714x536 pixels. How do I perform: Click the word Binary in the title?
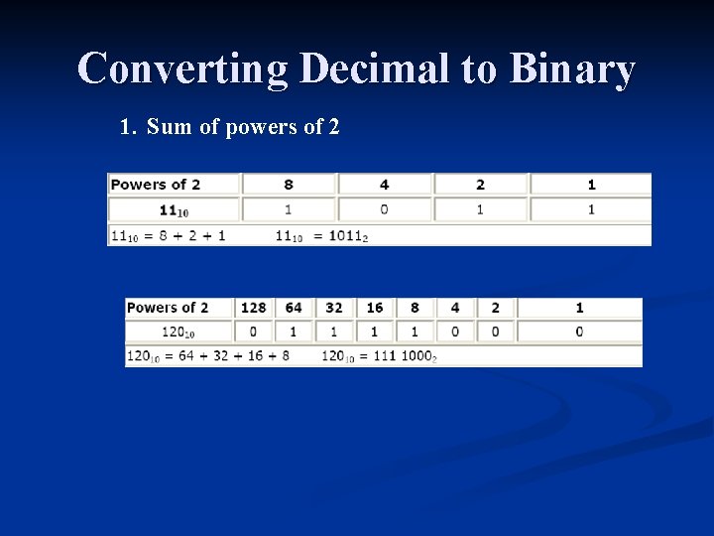[x=572, y=69]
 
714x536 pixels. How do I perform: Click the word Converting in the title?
[x=181, y=69]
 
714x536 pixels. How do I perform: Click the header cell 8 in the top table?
[x=289, y=185]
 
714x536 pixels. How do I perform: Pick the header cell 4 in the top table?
[x=384, y=185]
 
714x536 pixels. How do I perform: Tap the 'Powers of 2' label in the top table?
[x=156, y=185]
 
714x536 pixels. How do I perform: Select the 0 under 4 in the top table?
[x=384, y=209]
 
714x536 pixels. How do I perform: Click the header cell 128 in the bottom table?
[x=253, y=308]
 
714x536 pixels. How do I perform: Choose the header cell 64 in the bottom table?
[x=293, y=308]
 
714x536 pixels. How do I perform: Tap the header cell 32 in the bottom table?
[x=333, y=308]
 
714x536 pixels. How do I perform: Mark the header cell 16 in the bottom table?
[x=374, y=308]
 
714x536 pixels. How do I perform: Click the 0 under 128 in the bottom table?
[x=253, y=332]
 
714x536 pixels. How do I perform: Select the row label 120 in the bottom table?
[x=175, y=333]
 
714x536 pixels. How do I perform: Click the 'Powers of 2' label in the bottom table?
[x=168, y=308]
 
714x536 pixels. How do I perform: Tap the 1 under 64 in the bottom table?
[x=293, y=332]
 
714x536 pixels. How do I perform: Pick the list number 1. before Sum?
[x=127, y=127]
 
